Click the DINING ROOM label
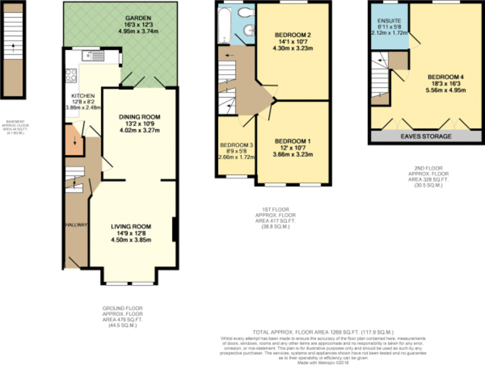(x=136, y=117)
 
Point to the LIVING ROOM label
(x=131, y=226)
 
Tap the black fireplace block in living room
(x=175, y=230)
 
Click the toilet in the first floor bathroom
(x=245, y=12)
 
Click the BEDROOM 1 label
(x=292, y=141)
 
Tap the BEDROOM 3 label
(x=236, y=145)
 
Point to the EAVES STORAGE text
(x=426, y=136)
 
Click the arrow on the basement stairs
(x=13, y=47)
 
